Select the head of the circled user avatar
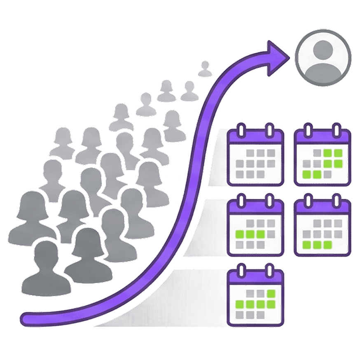(x=323, y=51)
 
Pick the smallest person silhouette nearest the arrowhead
(x=204, y=69)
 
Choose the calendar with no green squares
(x=256, y=156)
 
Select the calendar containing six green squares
(x=323, y=156)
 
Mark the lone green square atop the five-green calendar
(x=270, y=294)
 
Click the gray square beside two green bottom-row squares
(x=327, y=175)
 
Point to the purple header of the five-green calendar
(x=256, y=276)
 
